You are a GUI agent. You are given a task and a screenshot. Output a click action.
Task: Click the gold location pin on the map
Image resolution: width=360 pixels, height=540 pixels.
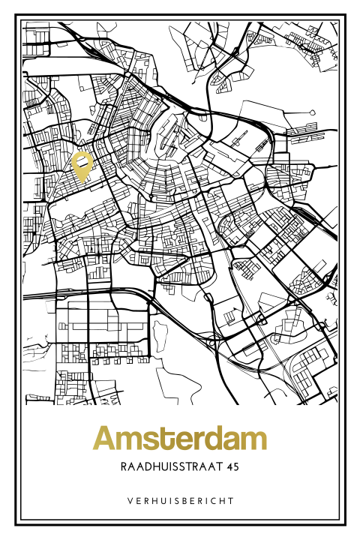(82, 166)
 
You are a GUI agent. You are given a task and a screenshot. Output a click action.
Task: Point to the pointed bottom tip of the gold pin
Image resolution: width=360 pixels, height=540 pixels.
(82, 182)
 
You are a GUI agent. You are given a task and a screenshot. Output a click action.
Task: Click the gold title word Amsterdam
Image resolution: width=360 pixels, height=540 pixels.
(180, 439)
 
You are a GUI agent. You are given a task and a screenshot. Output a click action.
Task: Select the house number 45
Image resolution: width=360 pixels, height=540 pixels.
(232, 466)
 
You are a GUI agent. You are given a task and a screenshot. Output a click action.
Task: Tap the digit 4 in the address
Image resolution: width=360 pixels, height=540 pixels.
(229, 466)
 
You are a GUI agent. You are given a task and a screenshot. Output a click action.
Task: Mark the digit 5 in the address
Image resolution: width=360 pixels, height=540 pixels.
(237, 466)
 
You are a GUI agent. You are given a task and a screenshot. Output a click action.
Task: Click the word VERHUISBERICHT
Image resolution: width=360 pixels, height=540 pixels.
(180, 500)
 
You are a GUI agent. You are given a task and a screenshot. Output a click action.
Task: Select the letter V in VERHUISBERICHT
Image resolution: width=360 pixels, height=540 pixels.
(129, 500)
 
